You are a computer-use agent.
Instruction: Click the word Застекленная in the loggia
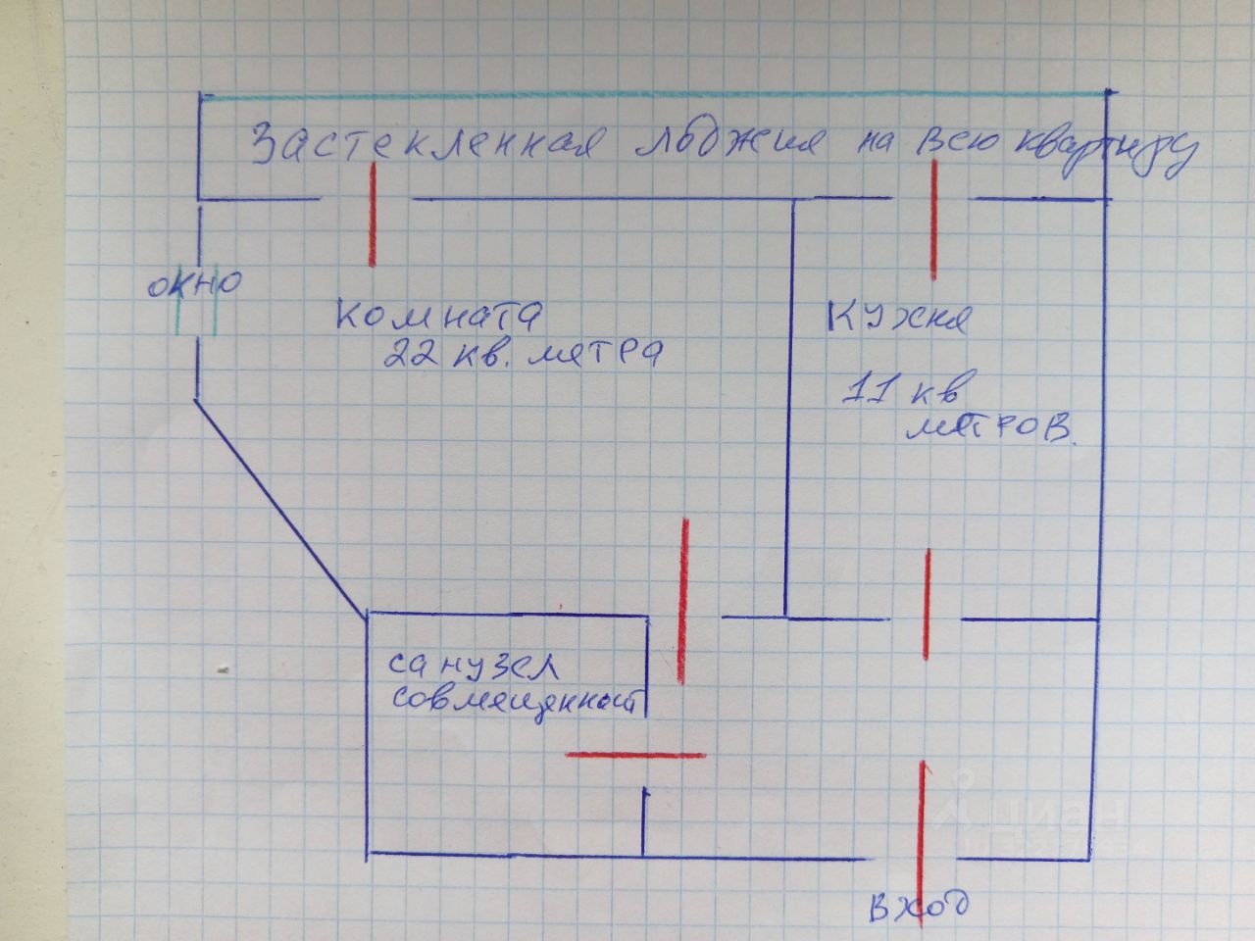422,144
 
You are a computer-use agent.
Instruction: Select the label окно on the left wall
194,286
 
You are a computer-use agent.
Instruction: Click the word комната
438,316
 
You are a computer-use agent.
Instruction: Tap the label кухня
898,319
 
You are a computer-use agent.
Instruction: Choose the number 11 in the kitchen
869,390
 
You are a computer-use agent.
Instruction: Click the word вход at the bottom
919,905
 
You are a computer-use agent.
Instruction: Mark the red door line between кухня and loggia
933,220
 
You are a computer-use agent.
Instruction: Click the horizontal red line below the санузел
635,754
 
